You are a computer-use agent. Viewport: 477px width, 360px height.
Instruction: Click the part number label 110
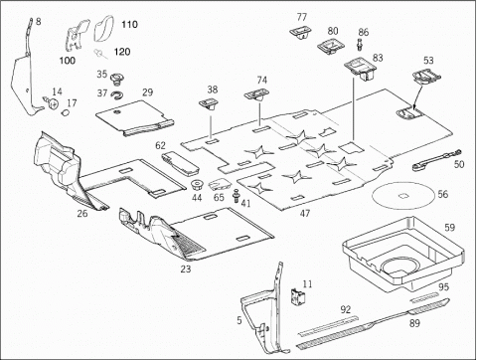pos(129,25)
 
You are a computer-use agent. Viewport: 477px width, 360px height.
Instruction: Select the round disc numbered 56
pos(402,196)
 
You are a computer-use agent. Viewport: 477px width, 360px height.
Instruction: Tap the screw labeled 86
pos(360,45)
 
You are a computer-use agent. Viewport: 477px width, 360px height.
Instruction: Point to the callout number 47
pos(305,214)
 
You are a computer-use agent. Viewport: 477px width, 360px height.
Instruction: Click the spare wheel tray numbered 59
pos(401,255)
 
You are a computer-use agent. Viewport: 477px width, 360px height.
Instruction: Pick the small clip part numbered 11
pos(295,295)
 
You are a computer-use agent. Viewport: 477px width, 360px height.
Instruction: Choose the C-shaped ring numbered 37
pos(116,95)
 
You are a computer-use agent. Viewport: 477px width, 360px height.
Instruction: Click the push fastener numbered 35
pos(116,79)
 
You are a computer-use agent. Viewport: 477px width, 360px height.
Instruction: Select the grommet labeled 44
pos(198,184)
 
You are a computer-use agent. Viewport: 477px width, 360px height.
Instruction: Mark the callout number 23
pos(186,269)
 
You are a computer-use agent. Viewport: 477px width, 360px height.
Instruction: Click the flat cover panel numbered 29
pos(134,118)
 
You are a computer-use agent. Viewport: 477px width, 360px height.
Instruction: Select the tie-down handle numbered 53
pos(426,78)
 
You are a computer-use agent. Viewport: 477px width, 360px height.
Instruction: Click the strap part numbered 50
pos(436,160)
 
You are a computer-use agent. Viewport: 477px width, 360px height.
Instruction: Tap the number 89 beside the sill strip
pos(414,323)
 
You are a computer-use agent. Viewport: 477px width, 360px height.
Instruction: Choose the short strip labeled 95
pos(425,297)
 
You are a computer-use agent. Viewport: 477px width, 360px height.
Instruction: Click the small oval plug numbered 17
pos(66,112)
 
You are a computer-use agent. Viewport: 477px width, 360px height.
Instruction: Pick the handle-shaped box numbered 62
pos(180,162)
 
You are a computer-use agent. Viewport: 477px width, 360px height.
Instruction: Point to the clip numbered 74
pos(256,94)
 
